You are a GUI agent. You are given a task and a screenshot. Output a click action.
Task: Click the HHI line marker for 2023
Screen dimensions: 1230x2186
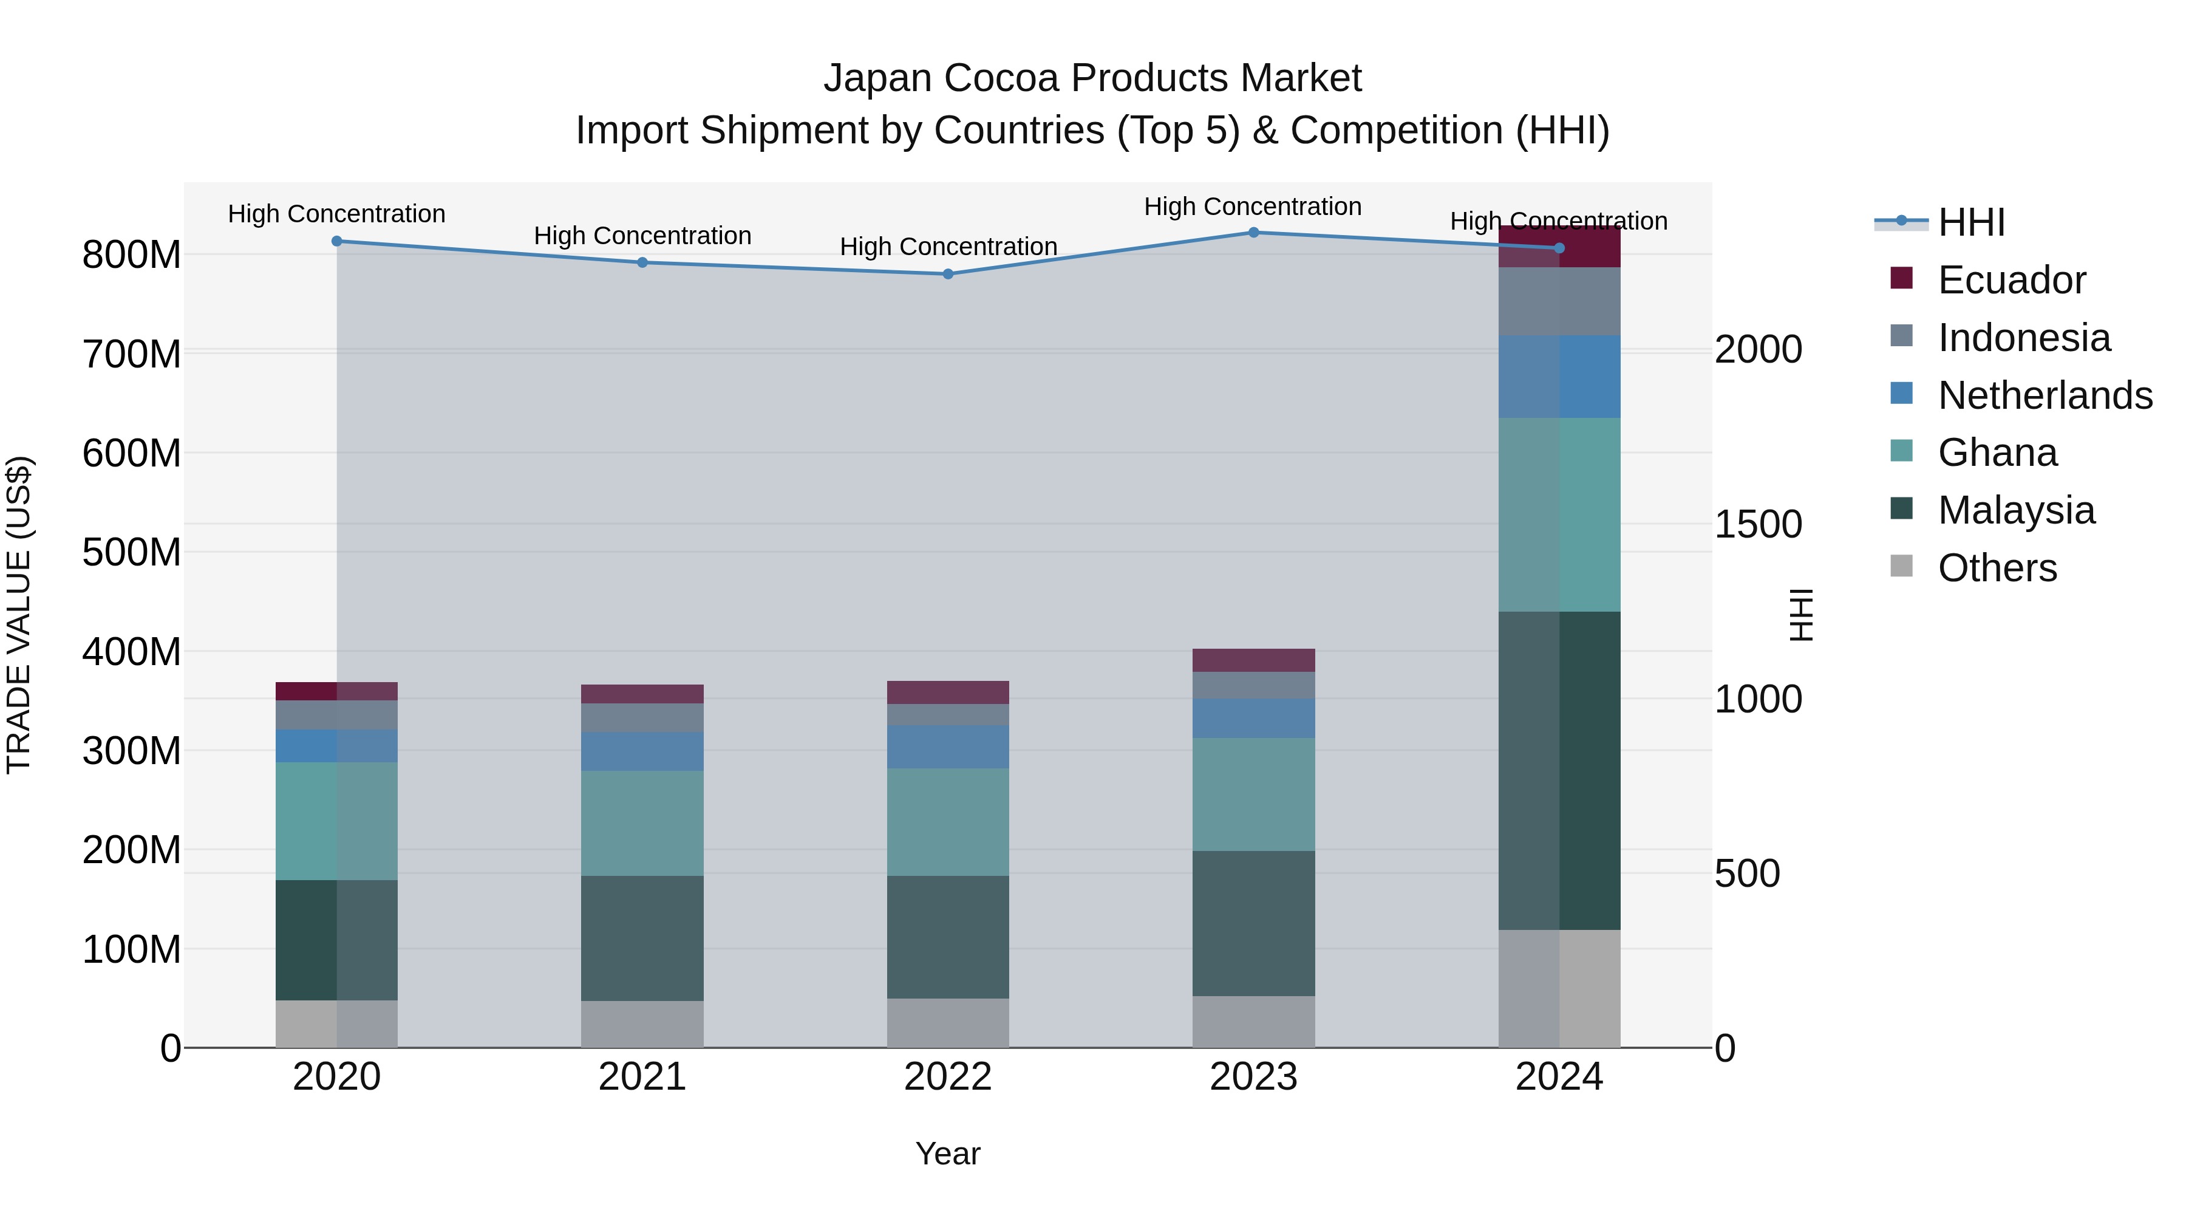pyautogui.click(x=1253, y=233)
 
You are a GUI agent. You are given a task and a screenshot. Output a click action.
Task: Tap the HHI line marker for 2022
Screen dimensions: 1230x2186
pyautogui.click(x=948, y=274)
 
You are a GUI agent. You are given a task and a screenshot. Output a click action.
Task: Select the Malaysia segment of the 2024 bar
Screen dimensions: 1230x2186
pyautogui.click(x=1559, y=770)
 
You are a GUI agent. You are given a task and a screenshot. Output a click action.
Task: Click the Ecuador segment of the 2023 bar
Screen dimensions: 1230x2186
pyautogui.click(x=1253, y=660)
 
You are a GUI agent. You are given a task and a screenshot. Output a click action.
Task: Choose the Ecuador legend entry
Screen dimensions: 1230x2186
pyautogui.click(x=2011, y=280)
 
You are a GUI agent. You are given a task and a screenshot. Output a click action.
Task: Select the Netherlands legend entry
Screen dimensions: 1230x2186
pyautogui.click(x=2045, y=395)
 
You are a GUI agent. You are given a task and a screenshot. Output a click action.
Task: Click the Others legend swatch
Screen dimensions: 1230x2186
pyautogui.click(x=1902, y=566)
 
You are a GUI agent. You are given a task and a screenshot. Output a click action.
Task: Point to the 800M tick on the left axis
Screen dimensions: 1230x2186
pyautogui.click(x=132, y=255)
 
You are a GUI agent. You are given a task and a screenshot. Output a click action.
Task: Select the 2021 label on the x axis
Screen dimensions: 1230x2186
pyautogui.click(x=642, y=1077)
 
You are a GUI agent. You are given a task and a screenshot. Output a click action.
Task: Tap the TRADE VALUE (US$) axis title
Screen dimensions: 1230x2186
pyautogui.click(x=19, y=615)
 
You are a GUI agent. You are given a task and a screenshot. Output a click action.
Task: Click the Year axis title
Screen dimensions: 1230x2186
pyautogui.click(x=948, y=1153)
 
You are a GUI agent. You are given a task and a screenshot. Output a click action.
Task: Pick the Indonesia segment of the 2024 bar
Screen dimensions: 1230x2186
pyautogui.click(x=1559, y=301)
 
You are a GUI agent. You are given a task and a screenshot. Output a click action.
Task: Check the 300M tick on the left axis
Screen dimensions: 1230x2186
pyautogui.click(x=132, y=751)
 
